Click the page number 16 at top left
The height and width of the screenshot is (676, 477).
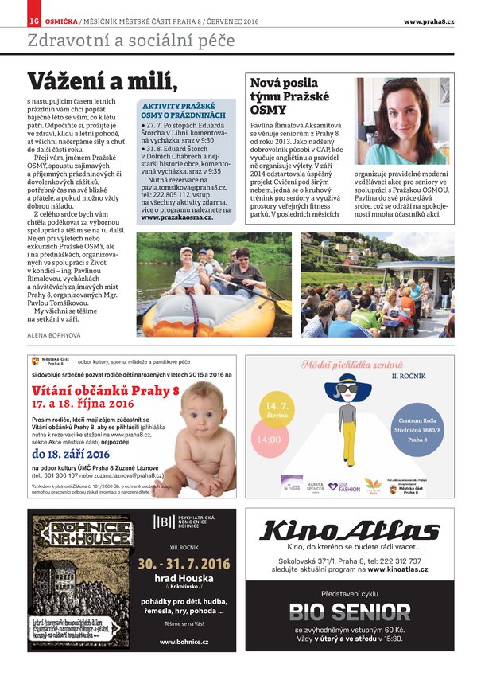34,21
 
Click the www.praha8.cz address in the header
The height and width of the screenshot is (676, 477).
428,21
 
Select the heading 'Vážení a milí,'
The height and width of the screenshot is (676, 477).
101,81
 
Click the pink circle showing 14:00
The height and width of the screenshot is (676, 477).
269,440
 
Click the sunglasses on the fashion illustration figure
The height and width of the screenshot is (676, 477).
347,389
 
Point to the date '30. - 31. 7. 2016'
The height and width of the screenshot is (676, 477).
184,563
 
